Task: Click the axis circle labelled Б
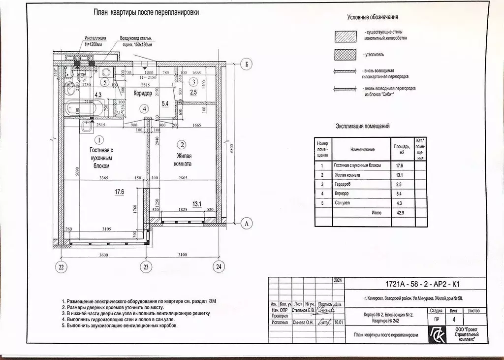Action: coord(248,65)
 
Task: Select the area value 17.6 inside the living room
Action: coord(120,193)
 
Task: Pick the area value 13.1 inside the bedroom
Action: coord(198,203)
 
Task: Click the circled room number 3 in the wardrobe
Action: coord(194,81)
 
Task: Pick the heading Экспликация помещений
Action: coord(362,126)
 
